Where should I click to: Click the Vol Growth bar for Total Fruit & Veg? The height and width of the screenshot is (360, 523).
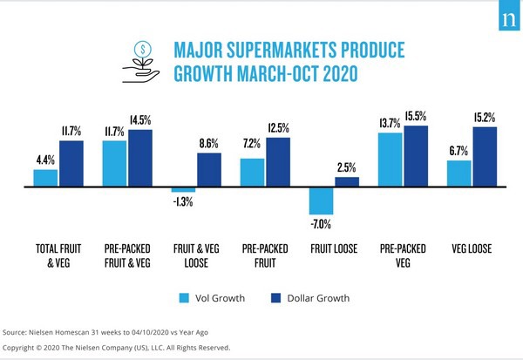point(45,178)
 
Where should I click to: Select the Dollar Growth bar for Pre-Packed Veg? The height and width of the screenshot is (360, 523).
point(416,156)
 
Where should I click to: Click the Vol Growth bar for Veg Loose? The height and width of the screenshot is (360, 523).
point(458,173)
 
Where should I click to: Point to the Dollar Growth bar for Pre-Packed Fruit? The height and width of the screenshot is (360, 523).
point(278,162)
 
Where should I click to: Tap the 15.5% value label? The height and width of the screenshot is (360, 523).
point(417,116)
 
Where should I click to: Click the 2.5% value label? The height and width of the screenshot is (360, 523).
point(348,168)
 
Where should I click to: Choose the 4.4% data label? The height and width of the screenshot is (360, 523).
point(45,160)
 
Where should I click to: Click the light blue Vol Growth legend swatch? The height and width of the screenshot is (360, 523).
point(184,298)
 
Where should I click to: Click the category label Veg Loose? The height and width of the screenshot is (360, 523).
point(471,248)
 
